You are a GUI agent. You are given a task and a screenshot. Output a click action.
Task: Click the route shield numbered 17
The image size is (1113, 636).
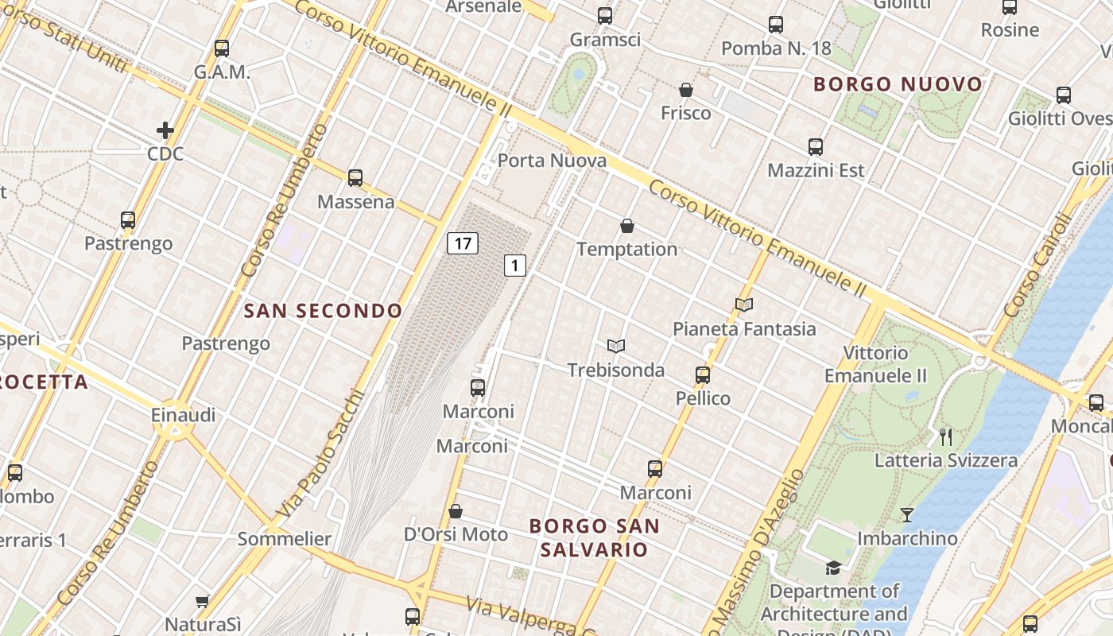pos(462,242)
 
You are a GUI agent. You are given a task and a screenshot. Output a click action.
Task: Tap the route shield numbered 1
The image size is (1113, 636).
pos(515,266)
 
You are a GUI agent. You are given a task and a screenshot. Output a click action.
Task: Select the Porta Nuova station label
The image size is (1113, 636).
pos(552,161)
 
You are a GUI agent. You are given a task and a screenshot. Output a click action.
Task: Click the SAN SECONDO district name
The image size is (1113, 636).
pos(323,311)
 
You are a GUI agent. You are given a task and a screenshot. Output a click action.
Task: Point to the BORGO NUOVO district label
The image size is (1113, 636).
pos(898,84)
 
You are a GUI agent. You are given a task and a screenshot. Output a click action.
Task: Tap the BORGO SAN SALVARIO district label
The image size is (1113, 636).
pos(595,537)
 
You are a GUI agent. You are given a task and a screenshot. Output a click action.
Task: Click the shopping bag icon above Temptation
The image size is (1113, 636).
pos(627,226)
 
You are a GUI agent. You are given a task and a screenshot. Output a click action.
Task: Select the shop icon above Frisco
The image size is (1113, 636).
pos(686,90)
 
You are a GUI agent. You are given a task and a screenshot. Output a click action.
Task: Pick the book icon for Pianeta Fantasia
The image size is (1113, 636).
pos(744,304)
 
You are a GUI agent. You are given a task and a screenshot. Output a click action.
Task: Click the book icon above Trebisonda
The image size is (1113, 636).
pos(616,346)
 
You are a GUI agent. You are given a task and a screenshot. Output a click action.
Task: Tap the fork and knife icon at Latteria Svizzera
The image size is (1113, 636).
pos(945,436)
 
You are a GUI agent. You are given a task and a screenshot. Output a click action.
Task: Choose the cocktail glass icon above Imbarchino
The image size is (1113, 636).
pos(906,515)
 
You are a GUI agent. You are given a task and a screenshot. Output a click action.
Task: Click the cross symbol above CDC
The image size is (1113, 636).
pos(165,130)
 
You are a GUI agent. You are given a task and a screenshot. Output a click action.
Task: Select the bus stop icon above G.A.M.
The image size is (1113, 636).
pos(222,48)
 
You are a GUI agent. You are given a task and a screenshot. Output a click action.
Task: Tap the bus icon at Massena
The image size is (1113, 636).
pos(355,178)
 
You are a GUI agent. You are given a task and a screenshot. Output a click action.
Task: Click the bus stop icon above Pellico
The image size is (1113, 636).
pos(703,374)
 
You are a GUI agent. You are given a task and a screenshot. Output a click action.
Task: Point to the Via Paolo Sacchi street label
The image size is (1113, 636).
pos(321,453)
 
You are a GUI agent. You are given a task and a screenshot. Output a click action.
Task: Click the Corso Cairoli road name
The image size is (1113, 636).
pos(1039,266)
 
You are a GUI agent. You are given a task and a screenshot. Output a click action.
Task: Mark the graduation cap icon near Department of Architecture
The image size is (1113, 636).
pos(833,568)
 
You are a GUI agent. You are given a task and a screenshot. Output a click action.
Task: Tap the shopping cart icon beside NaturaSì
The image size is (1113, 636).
pos(203,601)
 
